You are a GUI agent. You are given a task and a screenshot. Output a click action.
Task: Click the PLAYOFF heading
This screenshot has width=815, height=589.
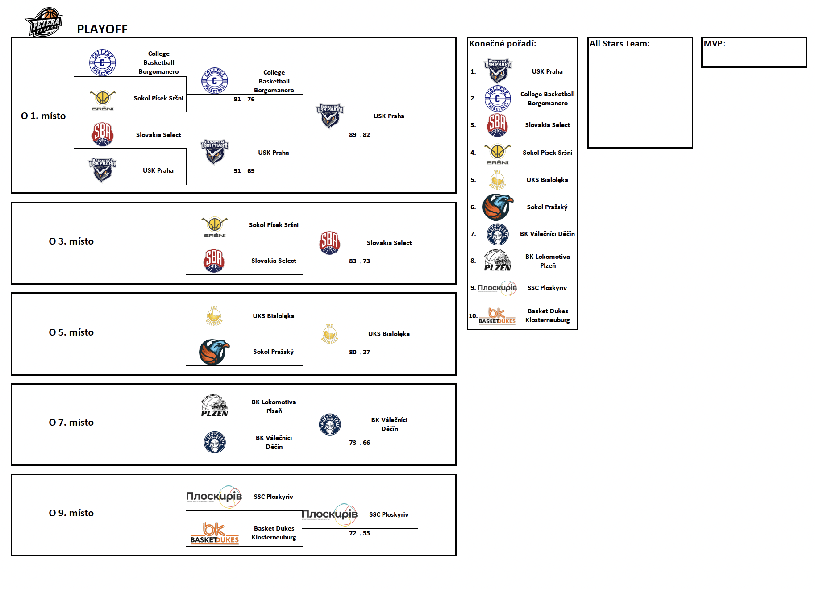click(x=102, y=29)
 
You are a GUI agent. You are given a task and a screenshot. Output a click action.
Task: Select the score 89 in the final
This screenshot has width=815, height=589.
click(x=353, y=135)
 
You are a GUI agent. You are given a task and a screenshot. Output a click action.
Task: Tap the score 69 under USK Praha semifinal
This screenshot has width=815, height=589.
click(x=251, y=171)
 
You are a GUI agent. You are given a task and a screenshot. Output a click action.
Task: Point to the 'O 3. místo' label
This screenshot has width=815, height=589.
click(x=71, y=241)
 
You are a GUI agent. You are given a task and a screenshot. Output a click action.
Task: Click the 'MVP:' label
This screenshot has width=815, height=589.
click(x=715, y=44)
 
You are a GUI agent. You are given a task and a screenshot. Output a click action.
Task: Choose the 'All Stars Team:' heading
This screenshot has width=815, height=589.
click(x=620, y=44)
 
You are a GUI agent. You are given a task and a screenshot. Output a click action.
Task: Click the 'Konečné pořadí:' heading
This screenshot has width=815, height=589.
click(x=503, y=44)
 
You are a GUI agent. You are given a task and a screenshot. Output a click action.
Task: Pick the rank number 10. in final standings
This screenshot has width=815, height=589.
click(x=473, y=316)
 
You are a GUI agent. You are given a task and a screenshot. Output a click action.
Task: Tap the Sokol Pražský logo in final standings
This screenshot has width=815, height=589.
click(x=498, y=207)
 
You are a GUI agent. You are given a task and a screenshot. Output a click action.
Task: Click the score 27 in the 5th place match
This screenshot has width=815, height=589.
click(x=366, y=352)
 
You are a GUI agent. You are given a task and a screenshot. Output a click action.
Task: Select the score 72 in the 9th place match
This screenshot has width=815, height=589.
click(x=353, y=533)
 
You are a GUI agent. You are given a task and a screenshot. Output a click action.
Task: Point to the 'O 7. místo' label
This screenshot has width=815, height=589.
click(x=71, y=423)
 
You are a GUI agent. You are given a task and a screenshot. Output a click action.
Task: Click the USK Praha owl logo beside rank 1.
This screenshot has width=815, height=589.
click(x=498, y=71)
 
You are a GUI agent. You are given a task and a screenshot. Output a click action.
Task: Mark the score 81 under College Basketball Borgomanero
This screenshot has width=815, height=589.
click(x=237, y=99)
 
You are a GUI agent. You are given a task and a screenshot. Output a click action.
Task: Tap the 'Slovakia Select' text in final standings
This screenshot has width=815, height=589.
click(x=547, y=125)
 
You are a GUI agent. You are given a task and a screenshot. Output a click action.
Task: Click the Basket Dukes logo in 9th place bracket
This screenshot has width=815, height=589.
click(x=215, y=533)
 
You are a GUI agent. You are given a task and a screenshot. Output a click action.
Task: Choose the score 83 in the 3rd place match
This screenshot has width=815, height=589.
click(x=353, y=261)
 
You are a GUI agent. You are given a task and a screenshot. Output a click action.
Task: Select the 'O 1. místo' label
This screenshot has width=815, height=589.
click(x=43, y=116)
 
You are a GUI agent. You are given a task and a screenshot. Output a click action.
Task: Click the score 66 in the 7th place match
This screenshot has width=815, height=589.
click(x=366, y=443)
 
